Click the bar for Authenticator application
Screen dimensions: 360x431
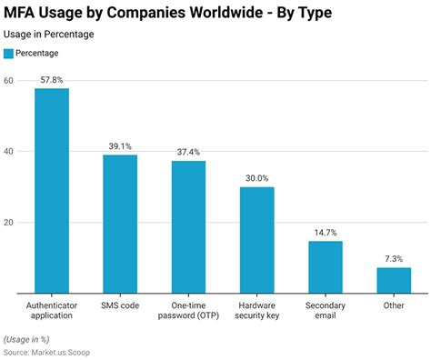(52, 191)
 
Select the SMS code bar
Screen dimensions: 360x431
(120, 224)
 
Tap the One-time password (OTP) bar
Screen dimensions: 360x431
(188, 227)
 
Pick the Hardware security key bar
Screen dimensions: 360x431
(257, 240)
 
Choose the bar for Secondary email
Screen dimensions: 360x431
(326, 267)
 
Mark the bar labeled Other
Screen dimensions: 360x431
(394, 280)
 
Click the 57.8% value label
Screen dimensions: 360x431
(52, 80)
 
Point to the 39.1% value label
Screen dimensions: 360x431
(120, 146)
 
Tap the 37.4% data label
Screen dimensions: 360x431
(188, 153)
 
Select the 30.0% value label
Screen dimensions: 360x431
(257, 179)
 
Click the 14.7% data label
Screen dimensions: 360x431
(326, 233)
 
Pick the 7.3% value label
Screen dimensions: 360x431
(394, 259)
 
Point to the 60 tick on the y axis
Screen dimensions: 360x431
(9, 81)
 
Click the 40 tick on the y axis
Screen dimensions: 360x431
(9, 152)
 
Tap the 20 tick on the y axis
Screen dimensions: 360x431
(9, 223)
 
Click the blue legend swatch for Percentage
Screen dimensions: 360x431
(9, 54)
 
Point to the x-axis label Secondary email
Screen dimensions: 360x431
(326, 312)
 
